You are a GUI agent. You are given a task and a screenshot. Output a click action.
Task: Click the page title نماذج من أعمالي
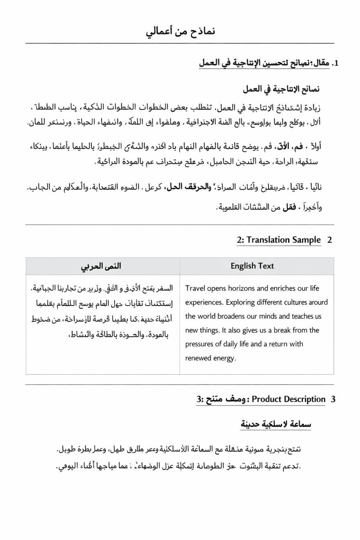pos(180,32)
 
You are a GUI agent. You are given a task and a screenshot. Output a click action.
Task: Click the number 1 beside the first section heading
pos(336,64)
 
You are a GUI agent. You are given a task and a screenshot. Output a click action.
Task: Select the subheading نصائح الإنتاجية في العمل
pos(281,89)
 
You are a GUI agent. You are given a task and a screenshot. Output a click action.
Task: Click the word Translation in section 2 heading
pos(270,240)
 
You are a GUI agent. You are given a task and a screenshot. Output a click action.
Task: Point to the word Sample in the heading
pos(308,240)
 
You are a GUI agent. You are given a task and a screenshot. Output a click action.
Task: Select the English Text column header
pos(252,266)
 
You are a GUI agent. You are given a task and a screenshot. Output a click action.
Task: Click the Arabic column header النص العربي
pos(101,266)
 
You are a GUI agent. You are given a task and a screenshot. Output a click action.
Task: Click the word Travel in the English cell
pos(195,289)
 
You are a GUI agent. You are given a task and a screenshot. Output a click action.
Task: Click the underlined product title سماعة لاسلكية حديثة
pos(276,424)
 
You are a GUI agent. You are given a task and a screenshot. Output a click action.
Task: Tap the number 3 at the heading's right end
pos(333,399)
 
